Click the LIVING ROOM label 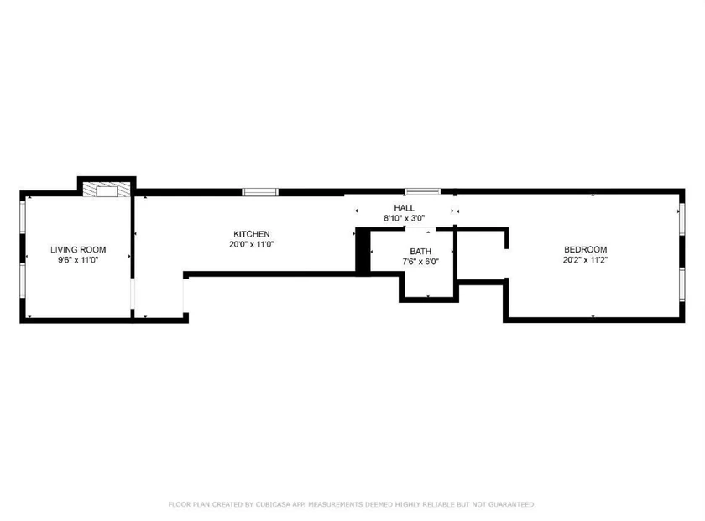tap(78, 249)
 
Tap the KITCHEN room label tap(251, 234)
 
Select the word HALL tap(405, 208)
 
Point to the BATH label tap(420, 252)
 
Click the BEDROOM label tap(586, 249)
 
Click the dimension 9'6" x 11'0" tap(78, 260)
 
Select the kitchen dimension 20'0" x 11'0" tap(251, 244)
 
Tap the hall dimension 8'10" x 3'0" tap(405, 218)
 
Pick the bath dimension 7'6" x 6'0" tap(420, 262)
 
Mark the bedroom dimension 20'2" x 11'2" tap(586, 260)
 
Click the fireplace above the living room tap(107, 190)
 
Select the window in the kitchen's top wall tap(260, 192)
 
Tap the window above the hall tap(423, 192)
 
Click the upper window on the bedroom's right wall tap(681, 219)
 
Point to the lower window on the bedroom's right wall tap(681, 284)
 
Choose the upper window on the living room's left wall tap(23, 217)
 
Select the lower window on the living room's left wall tap(23, 279)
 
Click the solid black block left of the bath tap(363, 250)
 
